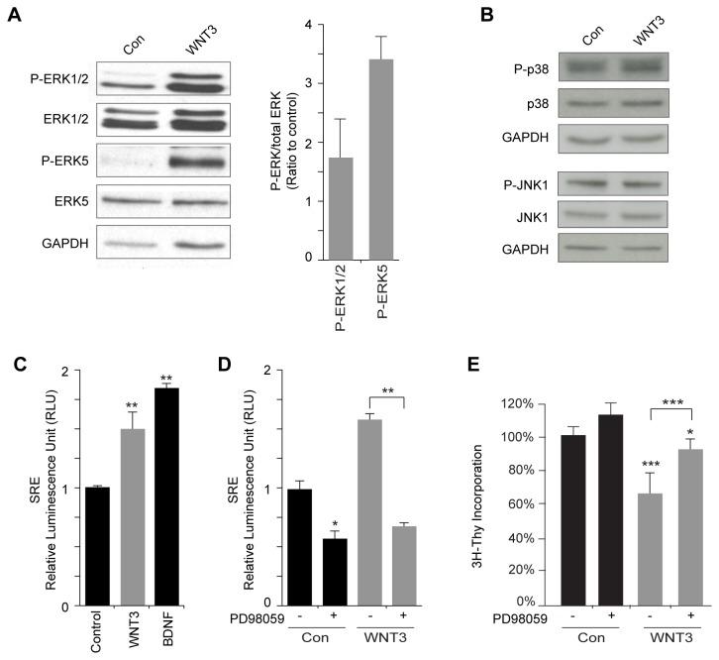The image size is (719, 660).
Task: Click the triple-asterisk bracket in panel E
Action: click(x=647, y=381)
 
